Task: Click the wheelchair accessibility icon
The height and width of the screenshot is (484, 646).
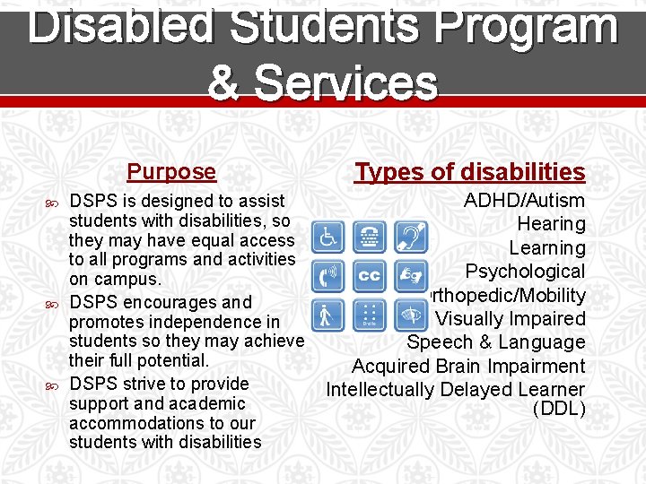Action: [328, 237]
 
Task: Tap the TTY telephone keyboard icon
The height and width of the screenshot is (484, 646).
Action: [369, 237]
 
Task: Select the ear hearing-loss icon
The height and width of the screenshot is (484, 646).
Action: [412, 237]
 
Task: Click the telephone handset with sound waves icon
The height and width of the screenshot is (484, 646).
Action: [328, 275]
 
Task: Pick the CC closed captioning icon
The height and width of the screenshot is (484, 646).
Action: [369, 275]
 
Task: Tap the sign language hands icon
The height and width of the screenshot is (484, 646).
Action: [412, 275]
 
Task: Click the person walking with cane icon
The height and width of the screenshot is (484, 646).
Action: [328, 315]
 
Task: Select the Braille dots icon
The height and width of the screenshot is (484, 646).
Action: [369, 315]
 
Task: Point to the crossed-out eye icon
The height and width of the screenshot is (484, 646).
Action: [412, 315]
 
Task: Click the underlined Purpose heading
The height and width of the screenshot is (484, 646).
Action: [171, 171]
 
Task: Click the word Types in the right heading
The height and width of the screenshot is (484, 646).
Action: [387, 171]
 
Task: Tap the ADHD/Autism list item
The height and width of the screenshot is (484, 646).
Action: [524, 200]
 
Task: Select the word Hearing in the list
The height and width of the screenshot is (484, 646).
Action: [551, 224]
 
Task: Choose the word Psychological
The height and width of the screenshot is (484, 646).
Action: [525, 272]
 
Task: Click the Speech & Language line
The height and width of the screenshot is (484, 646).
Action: [495, 342]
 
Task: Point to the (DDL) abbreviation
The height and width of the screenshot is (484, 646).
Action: [558, 410]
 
